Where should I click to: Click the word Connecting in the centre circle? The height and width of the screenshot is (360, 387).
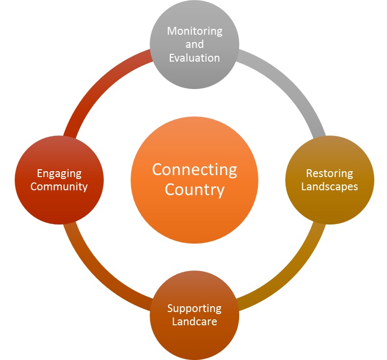[x=194, y=170]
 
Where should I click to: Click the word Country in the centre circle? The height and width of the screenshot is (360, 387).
[x=194, y=189]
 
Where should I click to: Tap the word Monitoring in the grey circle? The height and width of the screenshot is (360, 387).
[x=194, y=31]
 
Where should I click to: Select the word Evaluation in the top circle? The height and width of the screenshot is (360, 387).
[x=194, y=58]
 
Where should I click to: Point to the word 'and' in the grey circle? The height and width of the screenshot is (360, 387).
[x=194, y=45]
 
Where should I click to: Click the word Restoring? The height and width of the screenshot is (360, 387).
[x=329, y=173]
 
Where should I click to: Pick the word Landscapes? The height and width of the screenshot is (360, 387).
[x=329, y=186]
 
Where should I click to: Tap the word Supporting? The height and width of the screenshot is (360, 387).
[x=194, y=309]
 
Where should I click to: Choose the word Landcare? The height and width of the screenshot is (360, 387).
[x=194, y=322]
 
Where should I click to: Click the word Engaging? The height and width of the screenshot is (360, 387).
[x=59, y=173]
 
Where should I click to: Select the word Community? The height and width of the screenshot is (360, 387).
[x=59, y=186]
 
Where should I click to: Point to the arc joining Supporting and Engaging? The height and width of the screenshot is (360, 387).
[x=98, y=276]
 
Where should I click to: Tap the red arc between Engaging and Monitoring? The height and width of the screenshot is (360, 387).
[x=98, y=83]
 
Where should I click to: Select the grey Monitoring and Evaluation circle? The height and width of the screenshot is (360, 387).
[x=194, y=73]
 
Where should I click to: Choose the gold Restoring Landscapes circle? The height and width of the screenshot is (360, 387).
[x=329, y=205]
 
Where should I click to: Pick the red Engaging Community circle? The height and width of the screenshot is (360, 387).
[x=59, y=205]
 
